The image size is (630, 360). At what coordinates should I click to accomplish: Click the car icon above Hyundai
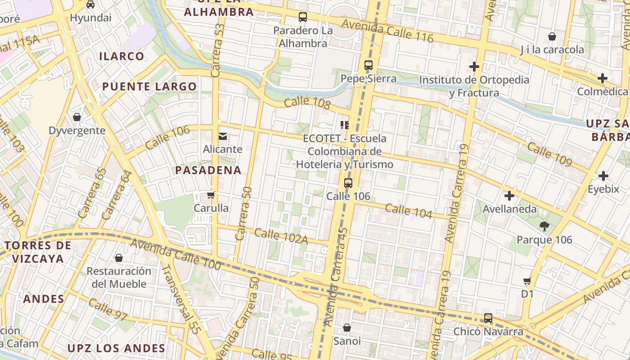90,4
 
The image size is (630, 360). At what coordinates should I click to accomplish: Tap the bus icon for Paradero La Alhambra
303,18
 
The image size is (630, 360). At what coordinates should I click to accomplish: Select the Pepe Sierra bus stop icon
369,65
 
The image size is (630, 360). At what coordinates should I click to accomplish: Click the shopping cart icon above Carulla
211,195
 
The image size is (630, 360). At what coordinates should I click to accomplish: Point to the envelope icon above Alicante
223,136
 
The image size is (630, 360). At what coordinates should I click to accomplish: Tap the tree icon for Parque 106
544,226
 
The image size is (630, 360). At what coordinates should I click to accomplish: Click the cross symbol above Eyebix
603,176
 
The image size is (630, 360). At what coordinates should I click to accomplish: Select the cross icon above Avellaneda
509,196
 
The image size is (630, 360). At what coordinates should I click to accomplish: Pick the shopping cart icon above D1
527,281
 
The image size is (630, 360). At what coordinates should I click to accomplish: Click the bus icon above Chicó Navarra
488,318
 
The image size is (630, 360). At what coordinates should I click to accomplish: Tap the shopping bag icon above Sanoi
347,328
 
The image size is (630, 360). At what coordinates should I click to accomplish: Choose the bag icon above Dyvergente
77,117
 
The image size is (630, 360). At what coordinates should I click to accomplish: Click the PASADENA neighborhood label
208,170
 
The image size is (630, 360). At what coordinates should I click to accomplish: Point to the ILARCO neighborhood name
121,56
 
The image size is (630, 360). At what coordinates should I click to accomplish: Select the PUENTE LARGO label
149,86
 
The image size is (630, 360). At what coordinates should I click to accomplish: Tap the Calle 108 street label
307,103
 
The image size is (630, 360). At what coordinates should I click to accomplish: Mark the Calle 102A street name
281,236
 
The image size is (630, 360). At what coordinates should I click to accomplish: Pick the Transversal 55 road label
180,299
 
